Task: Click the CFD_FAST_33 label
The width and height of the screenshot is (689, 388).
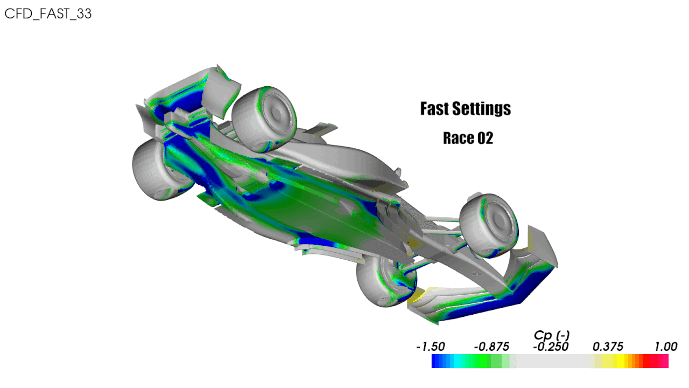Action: tap(48, 13)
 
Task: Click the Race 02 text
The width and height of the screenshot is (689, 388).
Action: tap(468, 138)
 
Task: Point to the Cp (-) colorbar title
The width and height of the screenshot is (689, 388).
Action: tap(552, 335)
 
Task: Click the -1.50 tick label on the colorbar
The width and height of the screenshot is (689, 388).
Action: tap(431, 347)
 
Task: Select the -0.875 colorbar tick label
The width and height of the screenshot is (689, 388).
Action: tap(491, 347)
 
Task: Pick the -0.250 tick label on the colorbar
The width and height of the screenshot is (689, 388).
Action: tap(551, 347)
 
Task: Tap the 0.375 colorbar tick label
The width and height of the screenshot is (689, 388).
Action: tap(608, 347)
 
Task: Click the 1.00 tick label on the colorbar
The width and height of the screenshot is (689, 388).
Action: tap(666, 347)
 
